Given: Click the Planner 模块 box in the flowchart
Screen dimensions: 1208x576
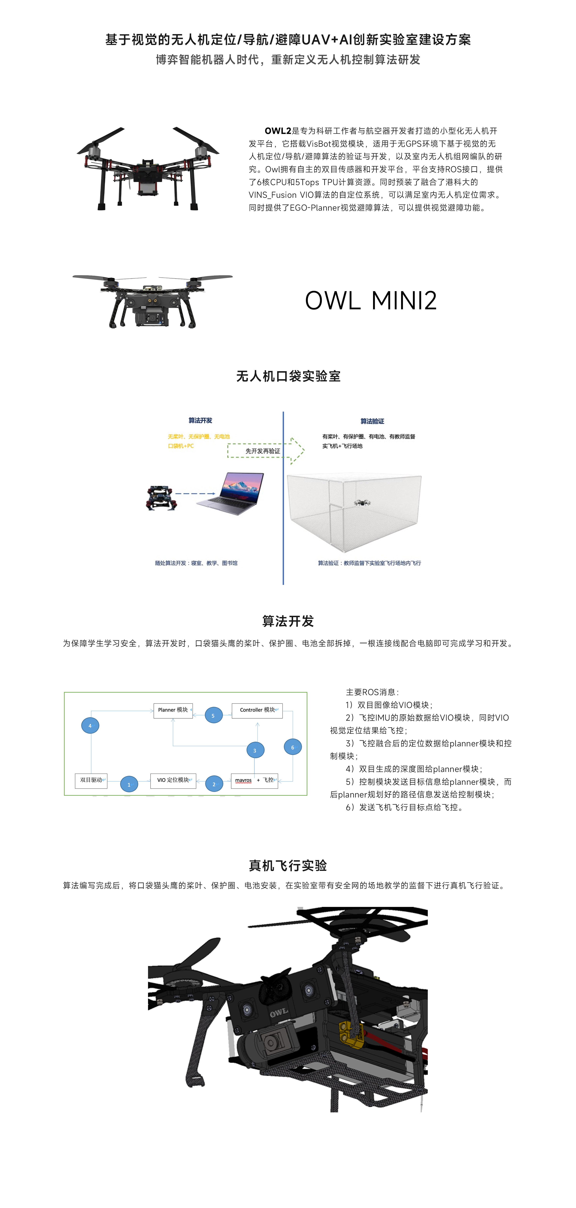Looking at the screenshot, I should click(x=173, y=710).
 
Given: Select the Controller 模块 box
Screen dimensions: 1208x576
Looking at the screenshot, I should click(x=257, y=710).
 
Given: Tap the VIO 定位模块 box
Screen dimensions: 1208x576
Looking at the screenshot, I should click(x=173, y=780).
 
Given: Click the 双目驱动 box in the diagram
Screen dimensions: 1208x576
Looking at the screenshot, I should click(x=91, y=780).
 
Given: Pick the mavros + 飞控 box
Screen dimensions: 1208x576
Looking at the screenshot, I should click(x=254, y=780).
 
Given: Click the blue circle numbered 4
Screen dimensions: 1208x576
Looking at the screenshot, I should click(x=90, y=726).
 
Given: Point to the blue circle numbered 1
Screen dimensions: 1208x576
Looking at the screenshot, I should click(x=129, y=785).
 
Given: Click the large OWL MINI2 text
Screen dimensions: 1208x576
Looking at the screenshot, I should click(x=371, y=301).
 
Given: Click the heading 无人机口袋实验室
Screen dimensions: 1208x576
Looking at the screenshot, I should click(x=288, y=376).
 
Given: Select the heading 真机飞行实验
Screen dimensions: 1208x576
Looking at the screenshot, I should click(x=288, y=865).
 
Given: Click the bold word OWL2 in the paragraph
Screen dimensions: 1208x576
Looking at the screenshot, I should click(x=278, y=131).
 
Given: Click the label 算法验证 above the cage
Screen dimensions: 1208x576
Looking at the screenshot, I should click(x=372, y=421).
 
